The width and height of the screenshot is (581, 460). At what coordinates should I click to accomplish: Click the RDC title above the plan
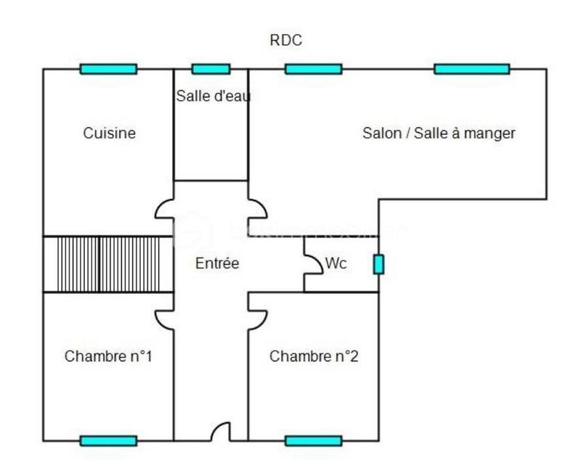point(285,41)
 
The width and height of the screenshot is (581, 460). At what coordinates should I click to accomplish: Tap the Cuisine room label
point(109,134)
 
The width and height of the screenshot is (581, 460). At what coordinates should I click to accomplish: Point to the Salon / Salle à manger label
point(439,134)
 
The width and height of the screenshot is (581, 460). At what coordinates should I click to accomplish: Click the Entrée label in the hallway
point(217,264)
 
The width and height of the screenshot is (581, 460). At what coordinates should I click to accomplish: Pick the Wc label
point(336,264)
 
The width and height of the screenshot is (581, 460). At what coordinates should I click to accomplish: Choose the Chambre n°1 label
point(108,357)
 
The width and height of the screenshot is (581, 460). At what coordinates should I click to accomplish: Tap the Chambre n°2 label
point(314,357)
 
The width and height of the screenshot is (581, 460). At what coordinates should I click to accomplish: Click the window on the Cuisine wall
point(108,69)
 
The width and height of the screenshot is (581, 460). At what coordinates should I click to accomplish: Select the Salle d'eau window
point(211,69)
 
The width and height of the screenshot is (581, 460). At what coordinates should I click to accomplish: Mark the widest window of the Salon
point(471,69)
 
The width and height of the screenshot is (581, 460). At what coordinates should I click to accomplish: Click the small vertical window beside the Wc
point(378,265)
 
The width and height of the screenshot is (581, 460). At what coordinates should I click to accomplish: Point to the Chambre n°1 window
point(108,440)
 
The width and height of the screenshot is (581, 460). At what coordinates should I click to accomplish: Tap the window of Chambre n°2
point(313,440)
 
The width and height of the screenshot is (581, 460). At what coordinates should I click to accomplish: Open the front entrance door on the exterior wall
point(220,432)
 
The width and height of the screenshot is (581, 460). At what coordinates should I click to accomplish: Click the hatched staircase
point(108,264)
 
